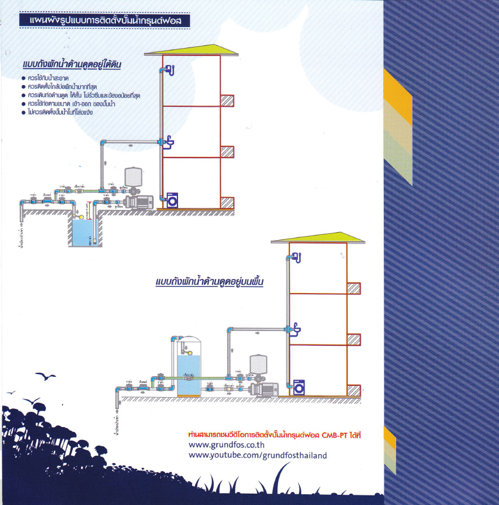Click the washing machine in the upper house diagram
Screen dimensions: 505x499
click(172, 200)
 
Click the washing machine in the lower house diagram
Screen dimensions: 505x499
click(299, 388)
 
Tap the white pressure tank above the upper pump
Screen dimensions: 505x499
click(133, 176)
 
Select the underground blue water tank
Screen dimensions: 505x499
click(84, 232)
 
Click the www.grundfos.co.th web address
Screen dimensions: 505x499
click(224, 445)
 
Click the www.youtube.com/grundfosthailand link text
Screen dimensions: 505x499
click(258, 455)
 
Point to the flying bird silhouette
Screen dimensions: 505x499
click(45, 376)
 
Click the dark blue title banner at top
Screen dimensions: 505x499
click(104, 21)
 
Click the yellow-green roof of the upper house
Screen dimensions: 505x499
click(190, 50)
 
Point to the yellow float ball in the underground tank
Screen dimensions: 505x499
click(81, 216)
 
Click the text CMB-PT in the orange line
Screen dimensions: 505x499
click(335, 435)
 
